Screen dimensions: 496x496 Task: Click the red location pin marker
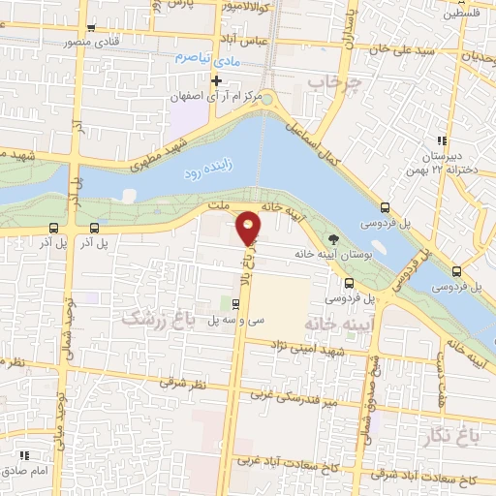(x=249, y=228)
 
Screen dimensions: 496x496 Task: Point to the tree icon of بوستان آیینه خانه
(x=334, y=238)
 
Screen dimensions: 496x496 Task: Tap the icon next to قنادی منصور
(x=91, y=29)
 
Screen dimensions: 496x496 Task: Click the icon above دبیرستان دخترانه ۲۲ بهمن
(x=442, y=141)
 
